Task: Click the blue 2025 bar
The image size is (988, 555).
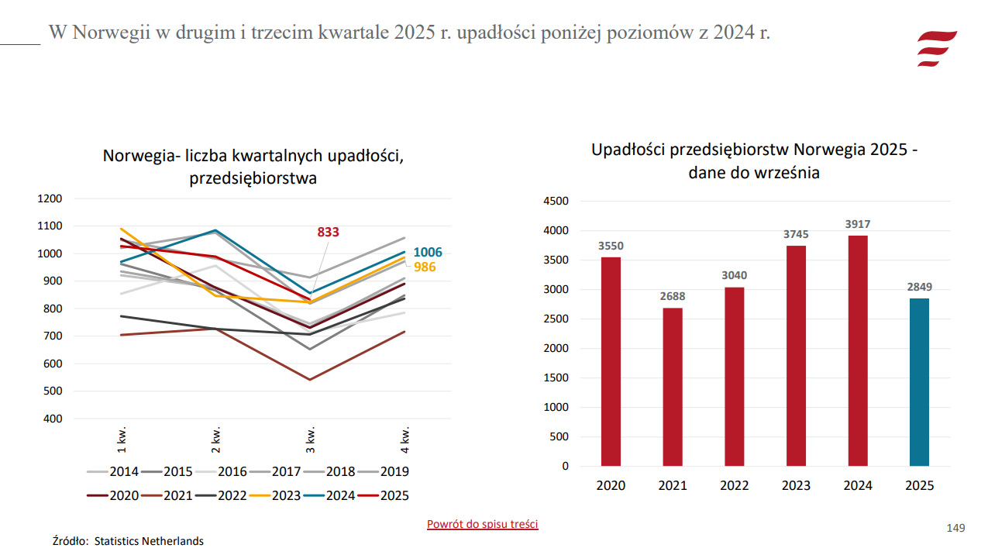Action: click(919, 382)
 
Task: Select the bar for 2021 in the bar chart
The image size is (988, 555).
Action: click(673, 387)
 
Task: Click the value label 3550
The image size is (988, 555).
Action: click(611, 246)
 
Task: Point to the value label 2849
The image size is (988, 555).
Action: click(919, 287)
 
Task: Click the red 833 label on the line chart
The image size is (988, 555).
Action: click(328, 232)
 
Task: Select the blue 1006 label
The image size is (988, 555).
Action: click(428, 253)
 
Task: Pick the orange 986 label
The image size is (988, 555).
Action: click(425, 267)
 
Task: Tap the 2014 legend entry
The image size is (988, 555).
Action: click(113, 471)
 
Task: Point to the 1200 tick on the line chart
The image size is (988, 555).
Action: click(50, 198)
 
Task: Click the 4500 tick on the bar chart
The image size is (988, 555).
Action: click(556, 202)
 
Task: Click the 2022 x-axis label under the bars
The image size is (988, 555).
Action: click(734, 486)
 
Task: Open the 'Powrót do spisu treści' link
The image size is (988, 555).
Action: click(482, 524)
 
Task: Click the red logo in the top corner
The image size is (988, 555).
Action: click(936, 48)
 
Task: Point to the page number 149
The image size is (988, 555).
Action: click(955, 528)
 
